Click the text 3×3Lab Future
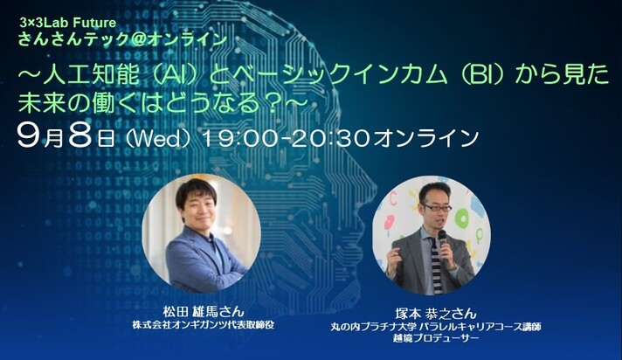[68, 23]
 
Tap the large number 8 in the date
[81, 136]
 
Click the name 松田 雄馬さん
[203, 311]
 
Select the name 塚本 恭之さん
[435, 314]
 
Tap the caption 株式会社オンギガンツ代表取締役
[203, 325]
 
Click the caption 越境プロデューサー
[435, 338]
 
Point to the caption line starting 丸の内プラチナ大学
[436, 327]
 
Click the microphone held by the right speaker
[443, 244]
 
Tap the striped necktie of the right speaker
[435, 265]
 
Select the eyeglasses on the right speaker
[436, 208]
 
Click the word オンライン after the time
[425, 139]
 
